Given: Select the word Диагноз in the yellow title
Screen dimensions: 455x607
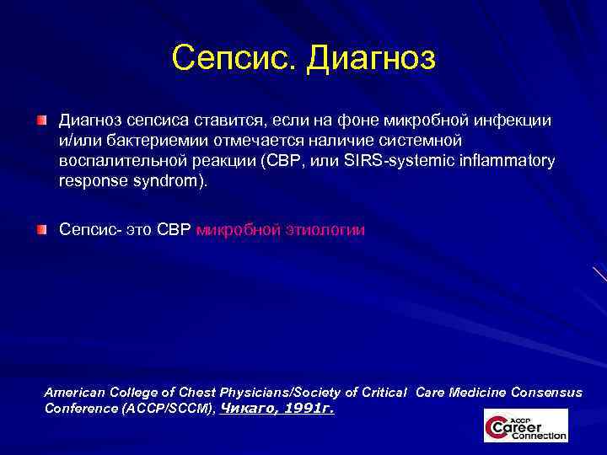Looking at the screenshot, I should pos(371,58).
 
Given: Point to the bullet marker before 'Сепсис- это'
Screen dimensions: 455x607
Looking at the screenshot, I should pos(41,229).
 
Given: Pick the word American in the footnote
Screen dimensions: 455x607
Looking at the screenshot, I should pos(73,393).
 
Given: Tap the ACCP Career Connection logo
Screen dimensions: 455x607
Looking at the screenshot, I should pos(525,426).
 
